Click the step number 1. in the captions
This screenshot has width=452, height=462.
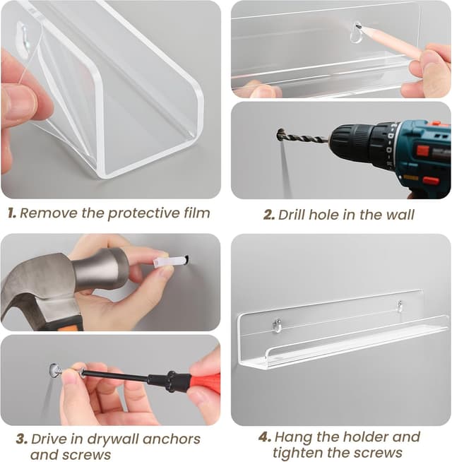pyautogui.click(x=12, y=213)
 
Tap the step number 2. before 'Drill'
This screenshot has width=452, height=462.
pyautogui.click(x=269, y=215)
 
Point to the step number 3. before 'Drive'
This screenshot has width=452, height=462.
pyautogui.click(x=22, y=439)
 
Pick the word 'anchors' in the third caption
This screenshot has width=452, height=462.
pyautogui.click(x=172, y=439)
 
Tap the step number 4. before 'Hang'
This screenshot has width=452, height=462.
pyautogui.click(x=265, y=437)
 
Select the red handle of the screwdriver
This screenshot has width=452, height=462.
pyautogui.click(x=206, y=383)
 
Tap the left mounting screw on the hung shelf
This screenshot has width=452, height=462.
pyautogui.click(x=277, y=324)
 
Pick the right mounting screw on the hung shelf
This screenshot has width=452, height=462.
pyautogui.click(x=400, y=306)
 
